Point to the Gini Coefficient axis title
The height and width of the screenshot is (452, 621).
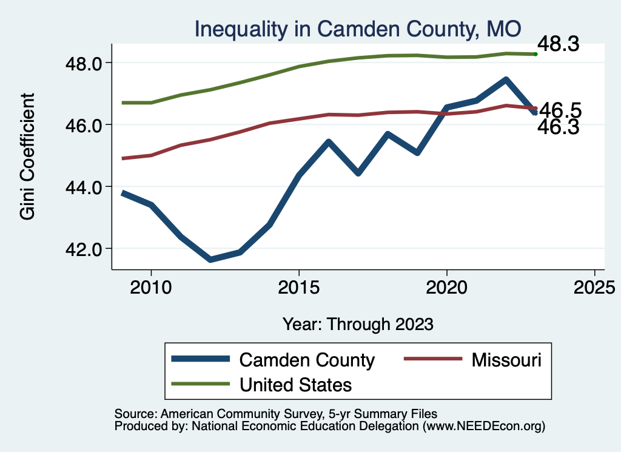(27, 157)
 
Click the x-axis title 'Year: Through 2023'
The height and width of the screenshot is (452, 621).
(358, 324)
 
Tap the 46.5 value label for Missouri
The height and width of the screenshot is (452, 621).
(560, 110)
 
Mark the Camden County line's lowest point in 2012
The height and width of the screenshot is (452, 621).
(210, 260)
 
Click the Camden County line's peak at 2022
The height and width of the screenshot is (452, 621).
(505, 79)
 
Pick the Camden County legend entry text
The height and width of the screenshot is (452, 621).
(307, 360)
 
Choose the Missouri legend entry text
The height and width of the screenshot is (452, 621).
(506, 360)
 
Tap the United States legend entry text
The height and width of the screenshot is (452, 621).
(296, 384)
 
